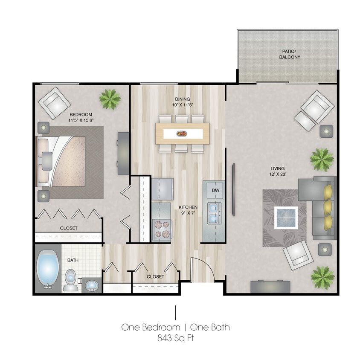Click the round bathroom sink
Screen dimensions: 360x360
(91, 285)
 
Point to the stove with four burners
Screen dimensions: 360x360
(161, 228)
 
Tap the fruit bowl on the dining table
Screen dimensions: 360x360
(181, 134)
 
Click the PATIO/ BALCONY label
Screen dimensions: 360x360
(290, 54)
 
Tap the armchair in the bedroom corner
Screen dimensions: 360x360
(54, 103)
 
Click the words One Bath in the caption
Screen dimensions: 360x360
(210, 328)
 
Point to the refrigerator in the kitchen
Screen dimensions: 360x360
(162, 189)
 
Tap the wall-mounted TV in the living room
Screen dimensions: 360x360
(233, 190)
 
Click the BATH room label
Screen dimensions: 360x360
(73, 260)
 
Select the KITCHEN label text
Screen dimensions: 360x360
(188, 207)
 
